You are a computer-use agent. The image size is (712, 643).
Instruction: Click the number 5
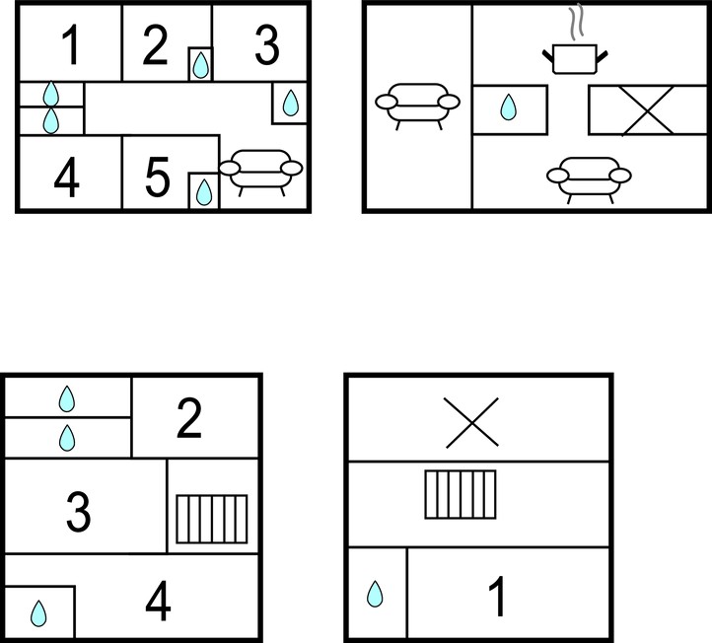157,177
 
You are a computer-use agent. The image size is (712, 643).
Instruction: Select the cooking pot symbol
575,59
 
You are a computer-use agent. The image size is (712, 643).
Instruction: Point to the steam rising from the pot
576,22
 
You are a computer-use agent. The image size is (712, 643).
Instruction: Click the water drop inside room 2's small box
200,65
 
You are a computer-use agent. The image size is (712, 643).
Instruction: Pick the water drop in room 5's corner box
204,192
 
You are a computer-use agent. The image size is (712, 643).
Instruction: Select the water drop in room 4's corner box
38,613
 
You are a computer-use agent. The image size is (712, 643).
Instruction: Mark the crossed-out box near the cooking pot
648,110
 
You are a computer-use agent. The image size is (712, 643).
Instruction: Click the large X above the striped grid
471,423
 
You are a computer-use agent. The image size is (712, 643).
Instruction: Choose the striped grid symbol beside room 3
212,519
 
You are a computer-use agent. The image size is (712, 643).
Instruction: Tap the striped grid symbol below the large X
461,494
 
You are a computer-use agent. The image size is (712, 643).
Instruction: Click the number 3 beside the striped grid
79,512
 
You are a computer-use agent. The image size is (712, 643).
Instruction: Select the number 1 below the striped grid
497,597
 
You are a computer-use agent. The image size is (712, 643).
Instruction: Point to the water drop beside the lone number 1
375,594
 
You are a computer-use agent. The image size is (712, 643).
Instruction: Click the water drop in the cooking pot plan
509,107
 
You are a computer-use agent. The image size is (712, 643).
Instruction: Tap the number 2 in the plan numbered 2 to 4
189,418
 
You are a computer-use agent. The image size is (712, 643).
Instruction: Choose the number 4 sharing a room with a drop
158,602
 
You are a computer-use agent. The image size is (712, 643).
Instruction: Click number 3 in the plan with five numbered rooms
267,44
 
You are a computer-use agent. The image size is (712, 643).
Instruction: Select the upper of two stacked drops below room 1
51,94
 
